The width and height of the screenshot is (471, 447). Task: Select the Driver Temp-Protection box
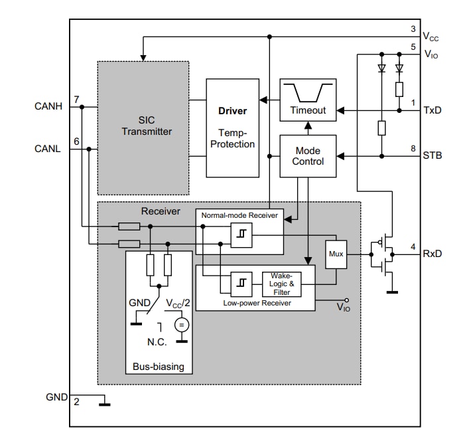[232, 128]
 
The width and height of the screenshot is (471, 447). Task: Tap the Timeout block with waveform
[308, 100]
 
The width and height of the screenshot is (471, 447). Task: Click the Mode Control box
[308, 156]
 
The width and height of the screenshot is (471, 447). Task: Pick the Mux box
[336, 254]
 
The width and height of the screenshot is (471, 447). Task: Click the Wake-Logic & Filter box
[282, 284]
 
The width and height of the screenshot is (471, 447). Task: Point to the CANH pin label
[48, 106]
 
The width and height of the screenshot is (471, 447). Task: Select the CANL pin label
[48, 149]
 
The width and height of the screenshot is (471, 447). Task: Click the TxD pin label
[433, 110]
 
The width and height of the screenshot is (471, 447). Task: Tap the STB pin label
[433, 156]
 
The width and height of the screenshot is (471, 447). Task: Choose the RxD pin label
[433, 254]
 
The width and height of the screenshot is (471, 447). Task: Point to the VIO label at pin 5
[431, 54]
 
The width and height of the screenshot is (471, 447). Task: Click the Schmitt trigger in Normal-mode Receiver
[241, 235]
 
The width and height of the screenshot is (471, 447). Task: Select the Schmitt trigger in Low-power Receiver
[241, 284]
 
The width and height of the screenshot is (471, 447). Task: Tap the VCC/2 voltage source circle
[180, 325]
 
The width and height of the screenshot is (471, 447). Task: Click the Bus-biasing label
[159, 367]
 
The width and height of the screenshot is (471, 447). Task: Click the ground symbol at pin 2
[103, 402]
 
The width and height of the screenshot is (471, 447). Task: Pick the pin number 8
[413, 149]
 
